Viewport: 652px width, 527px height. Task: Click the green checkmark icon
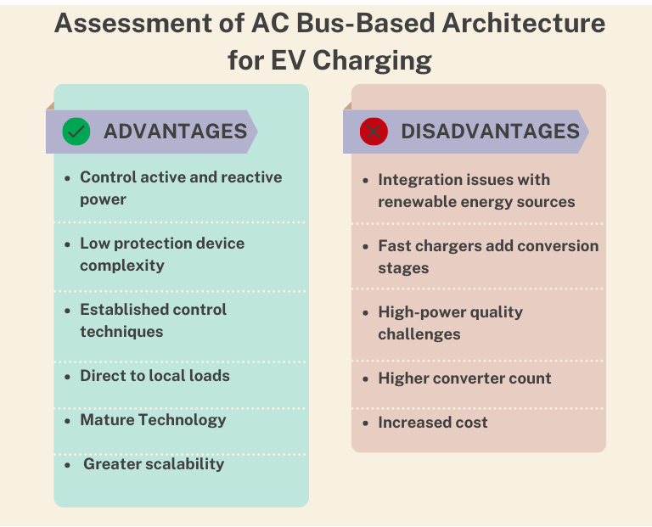(x=76, y=132)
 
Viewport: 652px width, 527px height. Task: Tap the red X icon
(x=374, y=132)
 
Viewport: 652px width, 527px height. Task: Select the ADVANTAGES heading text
(x=176, y=132)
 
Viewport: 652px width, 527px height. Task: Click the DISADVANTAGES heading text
(x=490, y=132)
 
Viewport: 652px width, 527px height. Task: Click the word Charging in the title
(x=372, y=61)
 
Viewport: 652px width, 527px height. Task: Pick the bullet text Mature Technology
(x=153, y=420)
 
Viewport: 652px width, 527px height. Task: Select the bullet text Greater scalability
(x=154, y=464)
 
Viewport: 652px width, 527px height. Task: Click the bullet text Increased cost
(x=433, y=423)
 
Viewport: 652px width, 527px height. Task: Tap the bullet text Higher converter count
(x=464, y=378)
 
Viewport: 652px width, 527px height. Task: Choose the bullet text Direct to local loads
(x=155, y=376)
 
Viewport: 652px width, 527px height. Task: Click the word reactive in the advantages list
(x=251, y=177)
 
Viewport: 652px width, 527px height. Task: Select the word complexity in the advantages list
(x=122, y=266)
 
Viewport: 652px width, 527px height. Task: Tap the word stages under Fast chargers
(x=403, y=268)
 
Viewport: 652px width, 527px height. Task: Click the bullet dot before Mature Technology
(x=68, y=421)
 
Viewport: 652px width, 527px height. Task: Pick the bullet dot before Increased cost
(x=366, y=423)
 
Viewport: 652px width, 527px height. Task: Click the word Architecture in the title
(x=524, y=23)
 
